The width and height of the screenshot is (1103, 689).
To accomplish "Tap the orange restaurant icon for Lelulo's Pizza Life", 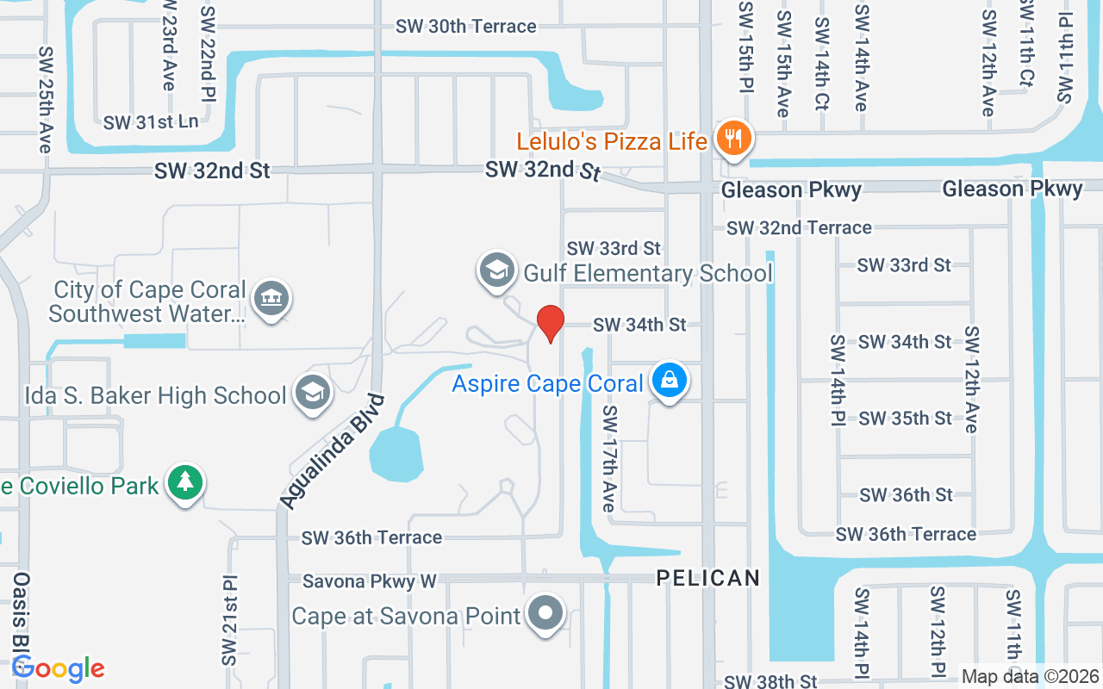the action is pos(732,138).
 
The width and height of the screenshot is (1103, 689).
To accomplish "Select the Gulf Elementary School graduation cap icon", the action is pos(496,270).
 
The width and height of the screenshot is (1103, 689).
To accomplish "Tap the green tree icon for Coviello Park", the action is pos(184,483).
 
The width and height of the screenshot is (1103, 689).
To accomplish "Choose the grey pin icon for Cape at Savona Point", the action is pos(545,613).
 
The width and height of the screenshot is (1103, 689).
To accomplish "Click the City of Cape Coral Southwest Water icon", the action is pos(272,298).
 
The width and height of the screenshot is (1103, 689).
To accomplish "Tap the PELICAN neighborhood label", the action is pos(708,578).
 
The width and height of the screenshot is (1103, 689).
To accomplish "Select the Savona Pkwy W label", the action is pos(369,582).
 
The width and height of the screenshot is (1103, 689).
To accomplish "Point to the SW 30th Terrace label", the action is pos(465,27).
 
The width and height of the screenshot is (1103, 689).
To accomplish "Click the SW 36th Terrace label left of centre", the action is pos(371,537).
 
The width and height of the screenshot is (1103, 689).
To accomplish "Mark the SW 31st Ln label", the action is pos(151,122).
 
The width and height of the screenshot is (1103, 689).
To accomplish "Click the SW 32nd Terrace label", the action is pos(799,227).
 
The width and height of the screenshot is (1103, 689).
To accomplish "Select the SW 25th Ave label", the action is pos(45,99).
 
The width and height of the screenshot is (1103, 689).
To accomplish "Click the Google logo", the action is pos(58,668).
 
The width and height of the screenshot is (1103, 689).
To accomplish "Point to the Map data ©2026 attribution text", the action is pos(1031,677).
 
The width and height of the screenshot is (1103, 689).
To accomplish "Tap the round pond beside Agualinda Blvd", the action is pos(396,454).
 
